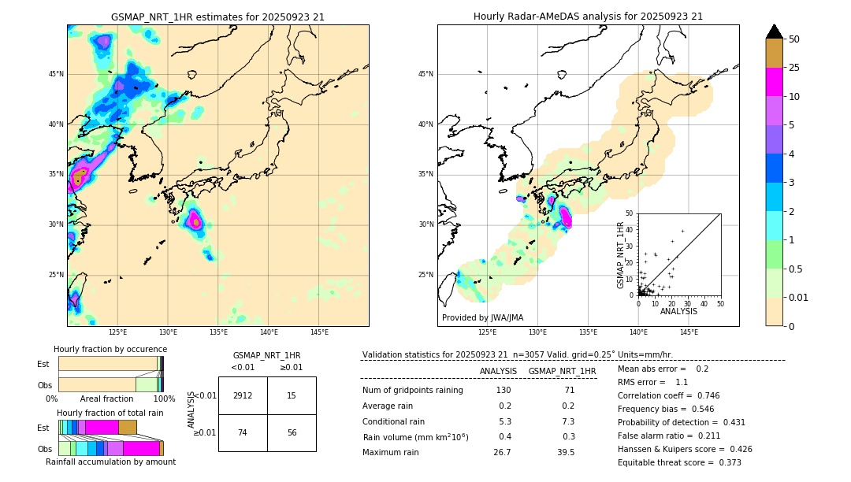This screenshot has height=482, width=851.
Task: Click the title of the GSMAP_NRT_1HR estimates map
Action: click(x=217, y=17)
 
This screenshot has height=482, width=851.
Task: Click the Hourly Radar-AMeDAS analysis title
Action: click(x=588, y=17)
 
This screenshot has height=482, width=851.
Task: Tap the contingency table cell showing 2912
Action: click(x=243, y=395)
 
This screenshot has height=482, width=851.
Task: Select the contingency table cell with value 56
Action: click(x=292, y=432)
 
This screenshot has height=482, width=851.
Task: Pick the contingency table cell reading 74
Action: click(x=243, y=432)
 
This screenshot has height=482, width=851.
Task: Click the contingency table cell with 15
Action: click(x=292, y=395)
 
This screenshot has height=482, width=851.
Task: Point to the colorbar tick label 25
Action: click(x=794, y=68)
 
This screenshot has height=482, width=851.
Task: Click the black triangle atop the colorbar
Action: click(x=775, y=32)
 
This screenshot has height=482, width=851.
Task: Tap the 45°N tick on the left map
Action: click(x=56, y=74)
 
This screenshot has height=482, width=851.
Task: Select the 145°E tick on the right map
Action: click(x=689, y=332)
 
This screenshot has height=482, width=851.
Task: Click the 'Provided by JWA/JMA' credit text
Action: click(x=482, y=317)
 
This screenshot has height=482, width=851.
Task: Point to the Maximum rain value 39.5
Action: click(x=566, y=452)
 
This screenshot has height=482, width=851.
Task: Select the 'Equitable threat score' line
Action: click(x=679, y=462)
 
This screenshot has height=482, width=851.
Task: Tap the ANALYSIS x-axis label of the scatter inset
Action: click(x=678, y=311)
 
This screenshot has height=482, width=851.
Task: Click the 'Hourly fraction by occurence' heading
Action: click(x=110, y=349)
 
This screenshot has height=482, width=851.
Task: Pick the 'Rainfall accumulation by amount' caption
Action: click(x=110, y=462)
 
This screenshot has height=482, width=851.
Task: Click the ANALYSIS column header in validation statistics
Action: click(x=498, y=371)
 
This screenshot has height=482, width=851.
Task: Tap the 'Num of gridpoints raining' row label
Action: click(x=413, y=391)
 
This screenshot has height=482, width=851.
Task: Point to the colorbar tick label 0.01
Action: click(x=798, y=298)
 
